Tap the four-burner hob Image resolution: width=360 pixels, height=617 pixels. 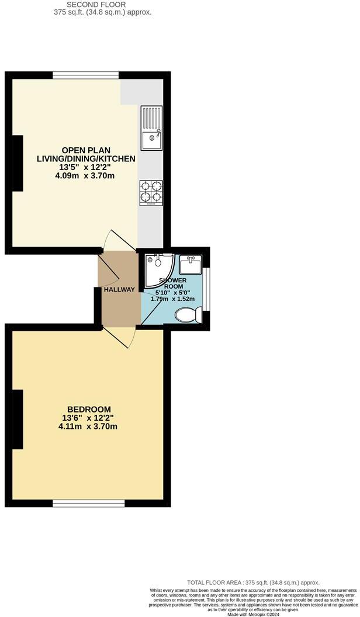[151, 193]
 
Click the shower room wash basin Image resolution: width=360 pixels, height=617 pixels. [191, 265]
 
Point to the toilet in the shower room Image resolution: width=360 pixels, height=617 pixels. [188, 316]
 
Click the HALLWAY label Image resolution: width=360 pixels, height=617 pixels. [119, 290]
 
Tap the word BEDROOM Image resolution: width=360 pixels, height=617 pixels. [89, 409]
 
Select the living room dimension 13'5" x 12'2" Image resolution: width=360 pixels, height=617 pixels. [86, 167]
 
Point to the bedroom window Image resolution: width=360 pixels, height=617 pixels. [89, 503]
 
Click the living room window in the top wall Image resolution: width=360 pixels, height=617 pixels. [86, 75]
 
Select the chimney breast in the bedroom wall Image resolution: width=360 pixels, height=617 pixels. [18, 420]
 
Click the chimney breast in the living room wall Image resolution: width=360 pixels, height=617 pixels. [18, 163]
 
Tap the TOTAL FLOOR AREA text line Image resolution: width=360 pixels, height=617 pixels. [254, 583]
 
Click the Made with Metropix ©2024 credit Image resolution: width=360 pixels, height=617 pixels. [254, 614]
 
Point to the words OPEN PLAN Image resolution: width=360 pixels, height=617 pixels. [86, 150]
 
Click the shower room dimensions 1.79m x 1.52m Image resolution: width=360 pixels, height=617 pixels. [173, 299]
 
